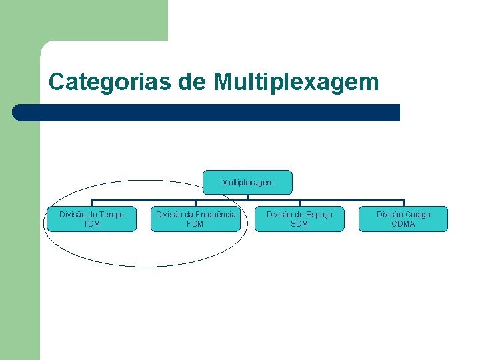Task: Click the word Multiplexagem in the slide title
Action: click(297, 82)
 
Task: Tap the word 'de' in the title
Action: click(193, 82)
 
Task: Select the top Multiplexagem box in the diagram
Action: click(247, 182)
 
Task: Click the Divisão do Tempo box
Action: click(91, 219)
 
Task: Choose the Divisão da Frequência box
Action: click(195, 219)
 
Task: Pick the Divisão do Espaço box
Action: click(299, 219)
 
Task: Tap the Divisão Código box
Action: click(403, 219)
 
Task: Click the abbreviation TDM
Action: click(91, 224)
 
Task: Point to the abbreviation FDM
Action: click(195, 224)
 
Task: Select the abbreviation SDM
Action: click(299, 224)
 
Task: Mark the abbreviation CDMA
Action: click(403, 224)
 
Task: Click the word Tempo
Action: click(111, 215)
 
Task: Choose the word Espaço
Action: click(319, 215)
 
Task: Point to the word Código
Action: click(417, 215)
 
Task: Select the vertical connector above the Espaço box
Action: click(299, 203)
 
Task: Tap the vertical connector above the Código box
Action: click(403, 203)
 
